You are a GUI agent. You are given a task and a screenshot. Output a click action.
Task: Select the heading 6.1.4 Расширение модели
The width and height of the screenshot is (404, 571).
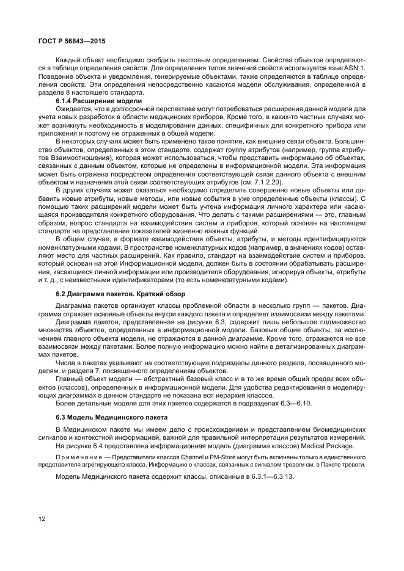pyautogui.click(x=98, y=101)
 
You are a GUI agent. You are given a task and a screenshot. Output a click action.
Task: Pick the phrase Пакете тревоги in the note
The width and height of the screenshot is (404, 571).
pyautogui.click(x=345, y=464)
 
